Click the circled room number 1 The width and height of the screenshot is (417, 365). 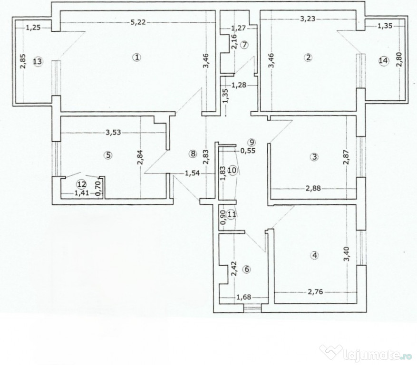tap(137, 58)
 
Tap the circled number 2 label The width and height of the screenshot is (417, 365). tap(308, 58)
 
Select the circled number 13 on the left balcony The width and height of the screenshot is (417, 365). tap(38, 62)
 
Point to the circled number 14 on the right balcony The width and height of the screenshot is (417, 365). tap(384, 61)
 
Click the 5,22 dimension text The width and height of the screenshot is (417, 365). tap(139, 22)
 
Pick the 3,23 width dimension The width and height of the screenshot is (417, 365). tap(308, 19)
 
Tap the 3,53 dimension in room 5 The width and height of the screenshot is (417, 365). tap(113, 133)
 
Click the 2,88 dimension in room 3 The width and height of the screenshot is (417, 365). tap(313, 189)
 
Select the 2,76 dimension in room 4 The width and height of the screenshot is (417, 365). tap(315, 292)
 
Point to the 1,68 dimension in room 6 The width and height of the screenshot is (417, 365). tap(243, 297)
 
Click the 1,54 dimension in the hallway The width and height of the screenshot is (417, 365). tap(192, 173)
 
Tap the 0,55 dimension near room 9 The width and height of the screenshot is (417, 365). tap(248, 151)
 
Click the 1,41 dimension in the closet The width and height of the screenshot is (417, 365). tap(81, 193)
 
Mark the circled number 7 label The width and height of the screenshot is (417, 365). tap(245, 45)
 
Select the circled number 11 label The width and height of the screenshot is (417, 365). tap(232, 214)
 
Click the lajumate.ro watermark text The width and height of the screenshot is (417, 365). tap(378, 355)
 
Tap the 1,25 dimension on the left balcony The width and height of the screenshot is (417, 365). tap(33, 27)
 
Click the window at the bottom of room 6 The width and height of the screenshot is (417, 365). tap(252, 308)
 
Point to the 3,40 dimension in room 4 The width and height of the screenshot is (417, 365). tap(346, 254)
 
